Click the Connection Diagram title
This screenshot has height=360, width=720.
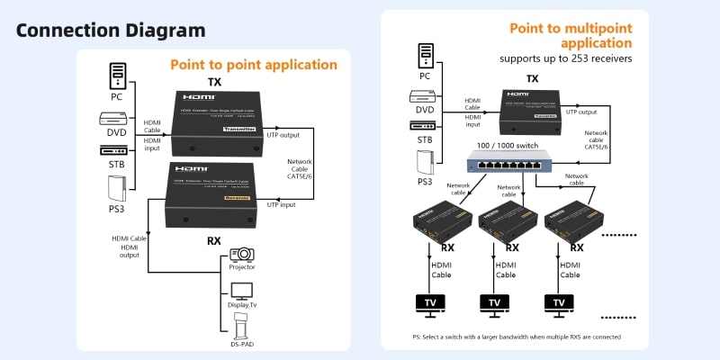[111, 30]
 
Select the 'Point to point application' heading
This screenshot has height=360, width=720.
[254, 65]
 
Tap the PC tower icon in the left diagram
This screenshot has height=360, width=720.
[116, 75]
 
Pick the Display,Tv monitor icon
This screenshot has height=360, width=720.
[242, 290]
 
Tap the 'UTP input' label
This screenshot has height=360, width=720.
[282, 205]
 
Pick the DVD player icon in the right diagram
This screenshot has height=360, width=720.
[425, 95]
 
